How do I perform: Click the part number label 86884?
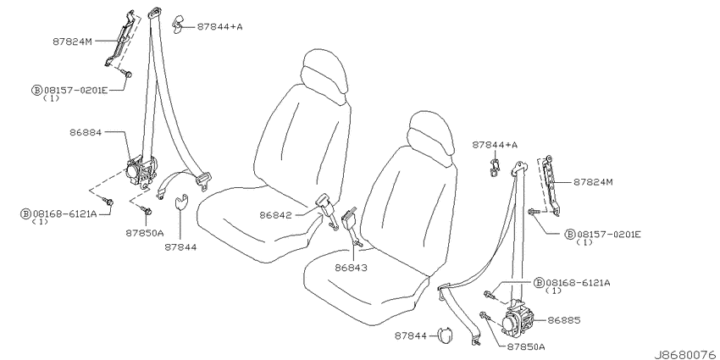86,132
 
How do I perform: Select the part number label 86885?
564,320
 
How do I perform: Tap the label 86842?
275,214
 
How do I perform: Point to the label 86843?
351,268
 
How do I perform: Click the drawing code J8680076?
686,354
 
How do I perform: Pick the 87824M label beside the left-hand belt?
73,42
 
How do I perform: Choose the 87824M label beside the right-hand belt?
593,182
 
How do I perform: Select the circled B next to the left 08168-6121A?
26,213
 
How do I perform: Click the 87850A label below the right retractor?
526,346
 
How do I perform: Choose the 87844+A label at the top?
220,26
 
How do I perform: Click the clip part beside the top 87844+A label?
178,25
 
